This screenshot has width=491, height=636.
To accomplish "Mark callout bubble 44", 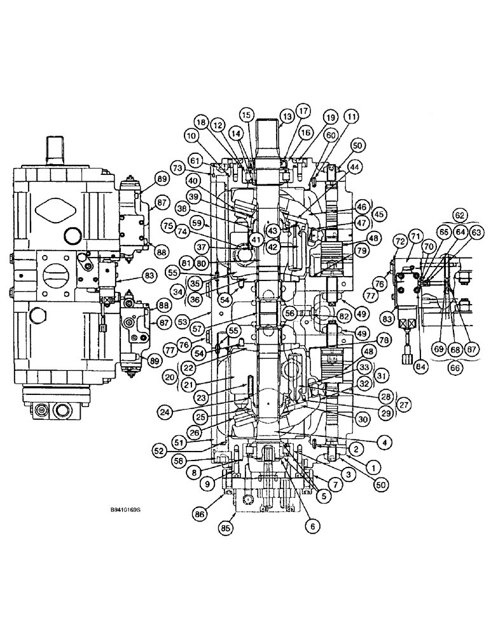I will pyautogui.click(x=355, y=167).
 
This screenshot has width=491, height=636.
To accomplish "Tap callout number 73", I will pyautogui.click(x=176, y=167).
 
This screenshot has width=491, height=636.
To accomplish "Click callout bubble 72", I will pyautogui.click(x=401, y=242).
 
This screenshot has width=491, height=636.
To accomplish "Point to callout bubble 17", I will pyautogui.click(x=302, y=110).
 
